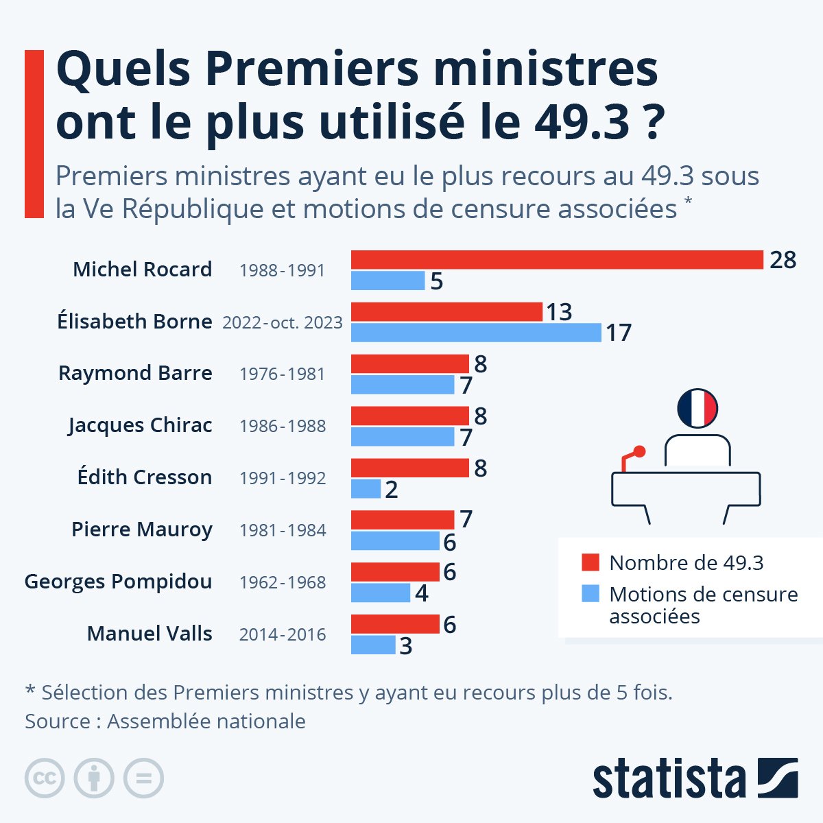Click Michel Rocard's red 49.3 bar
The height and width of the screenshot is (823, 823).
[557, 260]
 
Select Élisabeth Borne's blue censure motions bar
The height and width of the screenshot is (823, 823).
[476, 333]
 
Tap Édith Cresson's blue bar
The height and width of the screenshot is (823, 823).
[366, 489]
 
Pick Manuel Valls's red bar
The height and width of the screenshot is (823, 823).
[395, 624]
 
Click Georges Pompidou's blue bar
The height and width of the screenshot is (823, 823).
[381, 593]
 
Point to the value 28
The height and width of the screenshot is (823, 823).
[783, 261]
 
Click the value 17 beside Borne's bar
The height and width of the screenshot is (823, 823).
[618, 333]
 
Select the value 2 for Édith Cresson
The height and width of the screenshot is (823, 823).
[392, 490]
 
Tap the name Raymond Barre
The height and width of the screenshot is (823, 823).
[135, 373]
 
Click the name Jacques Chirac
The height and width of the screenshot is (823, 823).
[140, 425]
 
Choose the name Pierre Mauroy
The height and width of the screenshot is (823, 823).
[142, 529]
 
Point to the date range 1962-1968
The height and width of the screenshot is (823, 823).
[283, 582]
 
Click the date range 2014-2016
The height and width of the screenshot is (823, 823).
[283, 634]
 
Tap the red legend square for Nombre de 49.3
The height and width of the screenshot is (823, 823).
[591, 562]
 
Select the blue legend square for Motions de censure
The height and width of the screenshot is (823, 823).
[591, 594]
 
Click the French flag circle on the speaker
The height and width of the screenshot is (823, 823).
[697, 409]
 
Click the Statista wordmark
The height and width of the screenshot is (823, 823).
[669, 778]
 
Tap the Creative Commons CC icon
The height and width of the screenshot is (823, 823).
[45, 778]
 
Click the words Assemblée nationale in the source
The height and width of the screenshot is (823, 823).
[206, 721]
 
